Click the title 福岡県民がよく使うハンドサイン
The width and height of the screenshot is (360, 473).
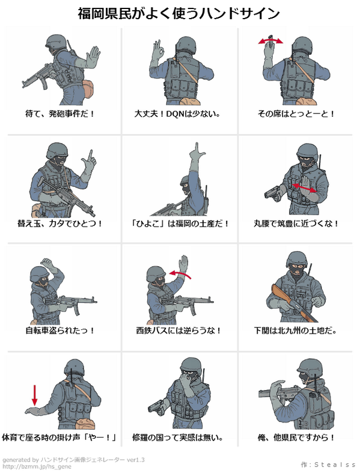tap(179, 13)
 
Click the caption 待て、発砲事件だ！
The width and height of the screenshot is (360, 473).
tap(60, 114)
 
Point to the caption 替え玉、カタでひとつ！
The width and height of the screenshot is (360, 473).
tap(60, 224)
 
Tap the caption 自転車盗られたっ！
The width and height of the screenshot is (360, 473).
tap(60, 331)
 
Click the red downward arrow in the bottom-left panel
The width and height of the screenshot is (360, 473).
tap(34, 393)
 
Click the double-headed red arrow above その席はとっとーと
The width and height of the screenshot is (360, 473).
tap(270, 41)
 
